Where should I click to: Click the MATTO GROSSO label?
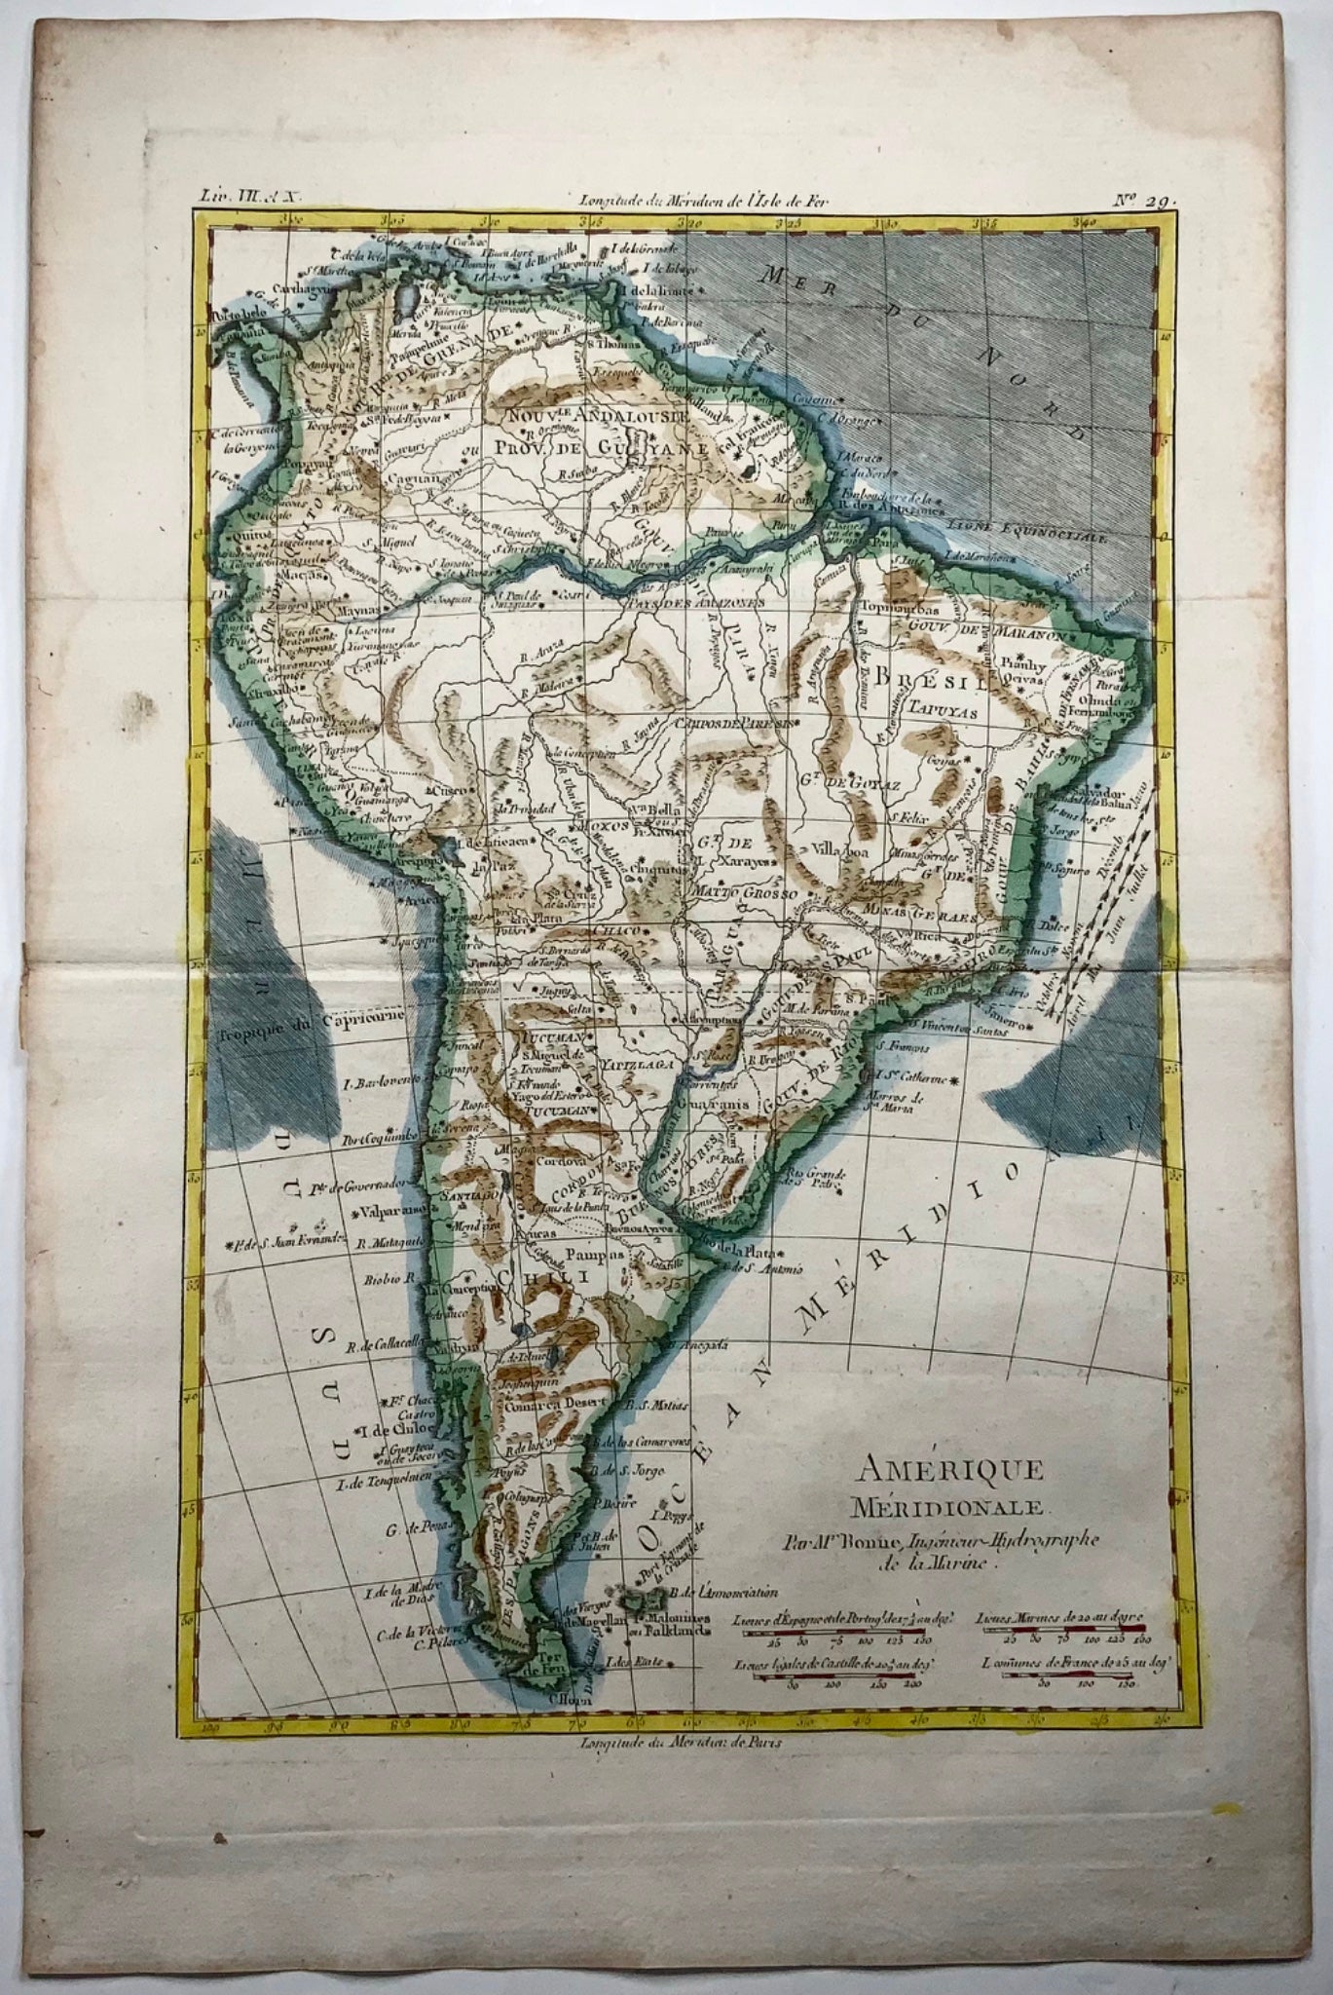tap(740, 891)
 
